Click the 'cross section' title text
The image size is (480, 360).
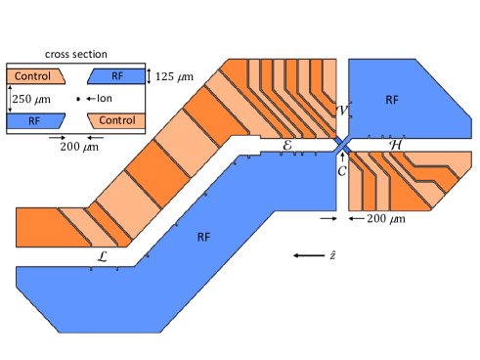pyautogui.click(x=76, y=54)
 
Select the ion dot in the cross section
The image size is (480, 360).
pyautogui.click(x=78, y=99)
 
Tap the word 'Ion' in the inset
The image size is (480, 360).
pyautogui.click(x=105, y=98)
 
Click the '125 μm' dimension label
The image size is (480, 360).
pyautogui.click(x=174, y=76)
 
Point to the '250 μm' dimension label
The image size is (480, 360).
pyautogui.click(x=31, y=99)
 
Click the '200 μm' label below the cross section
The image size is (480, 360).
pyautogui.click(x=79, y=147)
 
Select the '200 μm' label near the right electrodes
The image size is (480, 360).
pyautogui.click(x=386, y=219)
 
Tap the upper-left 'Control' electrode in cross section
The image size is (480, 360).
pyautogui.click(x=36, y=76)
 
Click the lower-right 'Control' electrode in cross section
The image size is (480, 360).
pyautogui.click(x=116, y=121)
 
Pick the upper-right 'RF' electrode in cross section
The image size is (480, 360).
pyautogui.click(x=116, y=76)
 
